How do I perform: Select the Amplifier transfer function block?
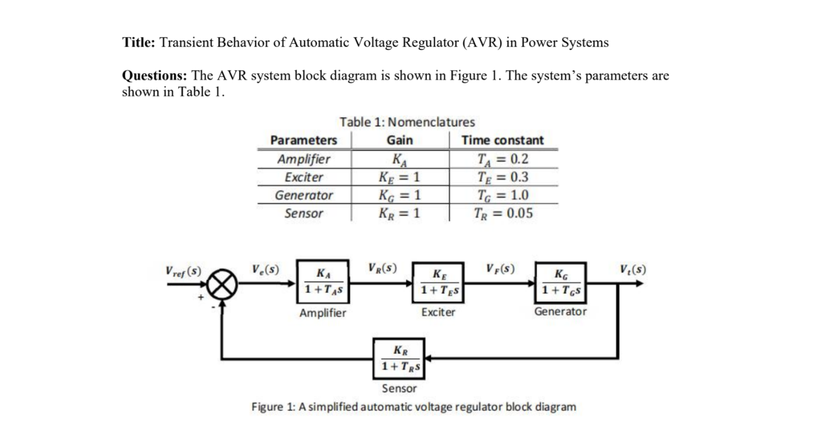pyautogui.click(x=323, y=282)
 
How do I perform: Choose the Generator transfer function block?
pyautogui.click(x=560, y=282)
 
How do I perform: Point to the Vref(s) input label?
pyautogui.click(x=183, y=271)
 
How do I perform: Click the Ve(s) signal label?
pyautogui.click(x=266, y=270)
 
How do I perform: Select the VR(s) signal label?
pyautogui.click(x=383, y=269)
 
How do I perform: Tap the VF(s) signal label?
pyautogui.click(x=500, y=269)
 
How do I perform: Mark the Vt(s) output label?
pyautogui.click(x=633, y=269)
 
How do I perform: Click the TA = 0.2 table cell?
pyautogui.click(x=502, y=159)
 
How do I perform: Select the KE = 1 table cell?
pyautogui.click(x=399, y=177)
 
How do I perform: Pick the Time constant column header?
pyautogui.click(x=502, y=140)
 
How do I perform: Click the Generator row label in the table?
pyautogui.click(x=304, y=195)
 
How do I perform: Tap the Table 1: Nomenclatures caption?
pyautogui.click(x=407, y=122)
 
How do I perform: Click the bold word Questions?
pyautogui.click(x=154, y=76)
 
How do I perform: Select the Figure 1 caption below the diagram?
pyautogui.click(x=413, y=406)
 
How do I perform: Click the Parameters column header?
pyautogui.click(x=304, y=140)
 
